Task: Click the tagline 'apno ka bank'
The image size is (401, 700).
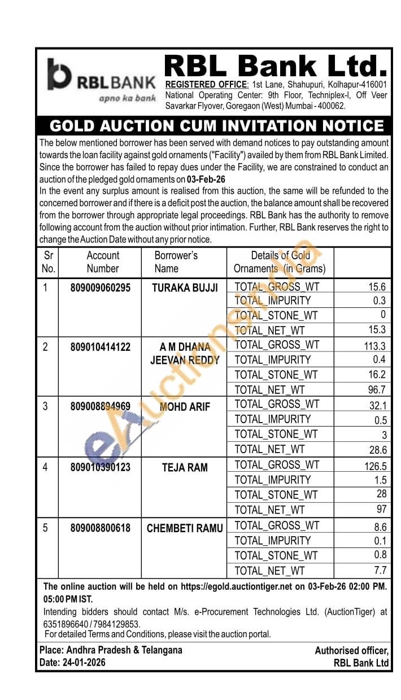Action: [127, 98]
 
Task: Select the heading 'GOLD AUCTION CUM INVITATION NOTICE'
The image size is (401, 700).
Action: [216, 125]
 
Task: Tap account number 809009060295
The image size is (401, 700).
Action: [101, 288]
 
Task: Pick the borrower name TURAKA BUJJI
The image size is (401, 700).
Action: [185, 288]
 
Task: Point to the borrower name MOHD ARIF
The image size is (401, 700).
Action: [185, 407]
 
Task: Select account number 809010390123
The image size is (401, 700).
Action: [101, 467]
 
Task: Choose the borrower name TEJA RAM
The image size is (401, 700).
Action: [185, 467]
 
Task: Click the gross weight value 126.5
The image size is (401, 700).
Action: [375, 466]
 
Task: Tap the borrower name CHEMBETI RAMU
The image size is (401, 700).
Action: [185, 528]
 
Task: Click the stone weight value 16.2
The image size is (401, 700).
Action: [377, 375]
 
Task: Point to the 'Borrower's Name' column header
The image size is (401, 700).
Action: [176, 262]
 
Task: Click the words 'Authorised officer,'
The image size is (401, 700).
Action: [351, 651]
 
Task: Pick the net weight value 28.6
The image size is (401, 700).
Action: [377, 450]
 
